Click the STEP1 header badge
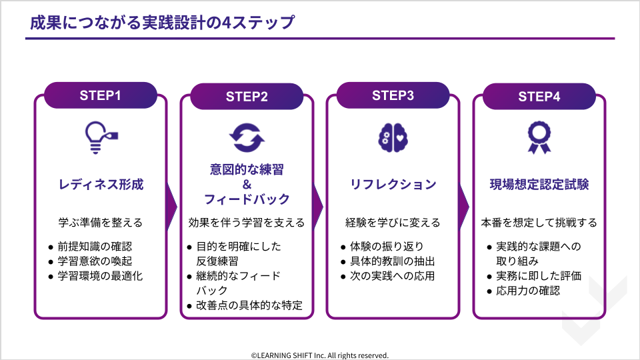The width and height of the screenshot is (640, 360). pos(101,95)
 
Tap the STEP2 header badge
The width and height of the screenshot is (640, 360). pos(247,97)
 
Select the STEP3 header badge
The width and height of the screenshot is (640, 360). pos(393,95)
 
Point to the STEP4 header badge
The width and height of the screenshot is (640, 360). pos(539,97)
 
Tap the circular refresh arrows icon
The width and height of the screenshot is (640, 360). pos(247,138)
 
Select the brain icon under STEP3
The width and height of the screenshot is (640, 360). pos(393,138)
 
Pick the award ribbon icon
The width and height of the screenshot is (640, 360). pos(539,137)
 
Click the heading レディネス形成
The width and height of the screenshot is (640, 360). pos(101,185)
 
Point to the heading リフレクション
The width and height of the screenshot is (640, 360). pos(393,185)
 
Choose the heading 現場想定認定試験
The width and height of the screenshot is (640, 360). pos(539,185)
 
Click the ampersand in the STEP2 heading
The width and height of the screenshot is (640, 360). pos(247,185)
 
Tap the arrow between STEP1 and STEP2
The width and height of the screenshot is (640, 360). pos(171,207)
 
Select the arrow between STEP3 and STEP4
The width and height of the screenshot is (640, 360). pos(464,207)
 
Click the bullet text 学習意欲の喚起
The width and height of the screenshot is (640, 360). pos(95,261)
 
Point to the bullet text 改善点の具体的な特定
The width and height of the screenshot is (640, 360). pos(249,305)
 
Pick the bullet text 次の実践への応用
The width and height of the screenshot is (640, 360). pos(392,276)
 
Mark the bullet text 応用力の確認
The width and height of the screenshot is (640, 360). pos(528,291)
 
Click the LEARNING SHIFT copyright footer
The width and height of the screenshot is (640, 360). pos(320,355)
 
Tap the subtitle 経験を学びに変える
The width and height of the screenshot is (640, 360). pos(393,223)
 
